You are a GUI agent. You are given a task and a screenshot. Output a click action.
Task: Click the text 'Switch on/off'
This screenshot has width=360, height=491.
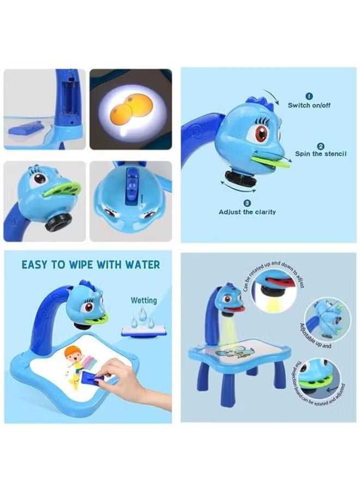pyautogui.click(x=309, y=105)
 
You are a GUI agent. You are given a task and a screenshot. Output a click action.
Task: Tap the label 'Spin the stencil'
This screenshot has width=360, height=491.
pyautogui.click(x=321, y=154)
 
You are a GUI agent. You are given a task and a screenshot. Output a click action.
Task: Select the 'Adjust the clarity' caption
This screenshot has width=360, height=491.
pyautogui.click(x=247, y=212)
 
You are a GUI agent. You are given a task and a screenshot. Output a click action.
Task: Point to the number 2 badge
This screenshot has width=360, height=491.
pyautogui.click(x=321, y=146)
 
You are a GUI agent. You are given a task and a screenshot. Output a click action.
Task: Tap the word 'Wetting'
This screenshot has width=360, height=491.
pyautogui.click(x=143, y=300)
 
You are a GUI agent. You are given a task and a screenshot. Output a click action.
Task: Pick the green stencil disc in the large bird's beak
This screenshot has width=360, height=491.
pyautogui.click(x=269, y=160)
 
